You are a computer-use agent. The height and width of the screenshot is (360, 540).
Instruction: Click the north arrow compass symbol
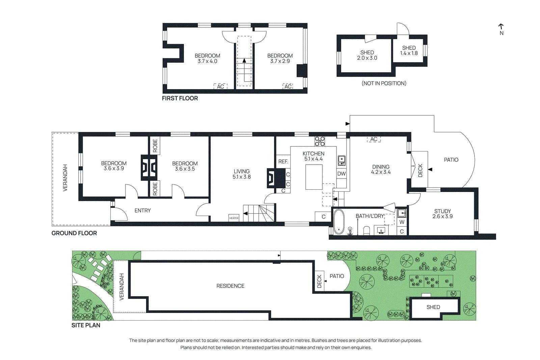click(x=501, y=29)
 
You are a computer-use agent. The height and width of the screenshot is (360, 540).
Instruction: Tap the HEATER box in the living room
click(x=234, y=218)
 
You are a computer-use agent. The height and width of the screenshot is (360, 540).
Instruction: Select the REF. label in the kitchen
click(x=283, y=162)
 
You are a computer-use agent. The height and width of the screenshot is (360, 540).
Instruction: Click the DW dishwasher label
click(x=341, y=173)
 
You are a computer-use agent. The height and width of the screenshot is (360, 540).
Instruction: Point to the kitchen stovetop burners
click(x=320, y=141)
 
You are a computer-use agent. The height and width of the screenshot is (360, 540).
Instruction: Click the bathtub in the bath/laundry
click(x=339, y=222)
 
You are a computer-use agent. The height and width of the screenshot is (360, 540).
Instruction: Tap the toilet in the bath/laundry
click(x=367, y=230)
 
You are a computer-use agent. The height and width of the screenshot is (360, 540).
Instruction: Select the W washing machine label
click(x=402, y=222)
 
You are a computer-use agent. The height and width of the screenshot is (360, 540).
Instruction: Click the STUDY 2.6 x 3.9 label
click(x=442, y=214)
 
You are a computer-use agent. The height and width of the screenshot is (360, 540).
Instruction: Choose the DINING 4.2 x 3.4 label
click(x=381, y=169)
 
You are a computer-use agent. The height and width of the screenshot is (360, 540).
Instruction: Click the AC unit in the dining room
click(x=374, y=139)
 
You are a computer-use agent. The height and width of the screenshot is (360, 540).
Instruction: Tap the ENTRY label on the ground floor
click(x=142, y=211)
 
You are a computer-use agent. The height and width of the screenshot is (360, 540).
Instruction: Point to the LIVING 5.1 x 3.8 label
click(x=242, y=174)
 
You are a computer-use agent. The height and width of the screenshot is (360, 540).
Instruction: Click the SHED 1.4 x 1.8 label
click(x=409, y=51)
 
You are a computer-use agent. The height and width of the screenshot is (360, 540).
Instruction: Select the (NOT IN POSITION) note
click(x=384, y=83)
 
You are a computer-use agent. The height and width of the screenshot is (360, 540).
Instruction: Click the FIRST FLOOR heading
click(x=180, y=98)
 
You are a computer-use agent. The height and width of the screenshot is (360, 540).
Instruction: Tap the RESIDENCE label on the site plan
click(x=230, y=286)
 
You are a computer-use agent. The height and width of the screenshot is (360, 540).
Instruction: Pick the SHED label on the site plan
click(x=433, y=307)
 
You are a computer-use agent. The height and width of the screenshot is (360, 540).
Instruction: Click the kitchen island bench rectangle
click(x=314, y=177)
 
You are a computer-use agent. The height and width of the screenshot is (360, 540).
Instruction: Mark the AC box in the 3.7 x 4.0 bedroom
click(x=220, y=86)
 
